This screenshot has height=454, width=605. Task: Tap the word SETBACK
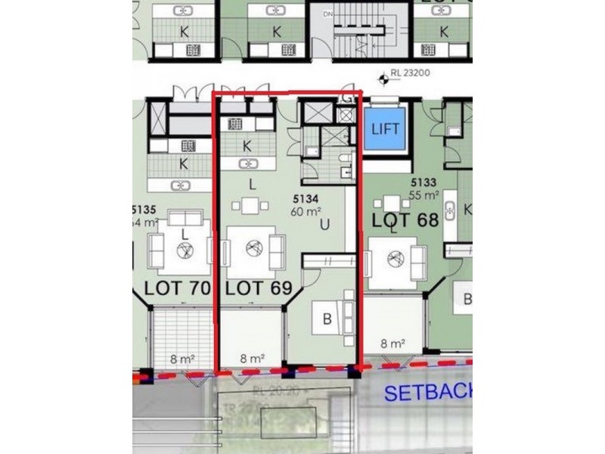427,393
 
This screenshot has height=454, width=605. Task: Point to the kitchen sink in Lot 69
247,163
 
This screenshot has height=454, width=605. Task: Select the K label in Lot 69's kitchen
247,146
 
